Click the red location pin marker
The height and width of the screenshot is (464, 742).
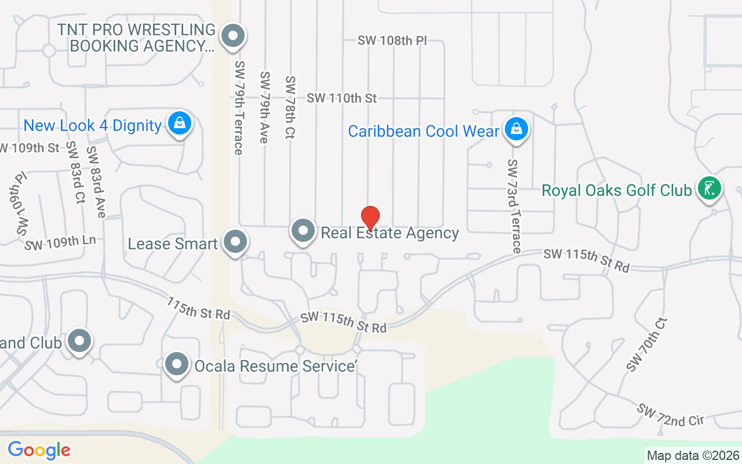point(370,218)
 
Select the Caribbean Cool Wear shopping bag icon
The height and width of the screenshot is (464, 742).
point(515,129)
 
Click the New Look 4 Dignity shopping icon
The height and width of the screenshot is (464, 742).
point(180,123)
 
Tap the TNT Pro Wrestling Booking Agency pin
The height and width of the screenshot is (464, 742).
point(233,35)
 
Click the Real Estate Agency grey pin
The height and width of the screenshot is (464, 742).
point(303,231)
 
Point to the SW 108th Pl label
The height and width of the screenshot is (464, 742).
point(392,41)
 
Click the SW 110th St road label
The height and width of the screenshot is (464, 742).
point(342,98)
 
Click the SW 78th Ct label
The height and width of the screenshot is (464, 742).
point(290,107)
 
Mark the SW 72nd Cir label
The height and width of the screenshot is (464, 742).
point(671,415)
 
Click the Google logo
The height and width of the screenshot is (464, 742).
point(39,450)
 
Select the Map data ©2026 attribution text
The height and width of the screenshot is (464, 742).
point(693,455)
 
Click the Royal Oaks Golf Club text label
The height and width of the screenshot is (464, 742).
point(617,190)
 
